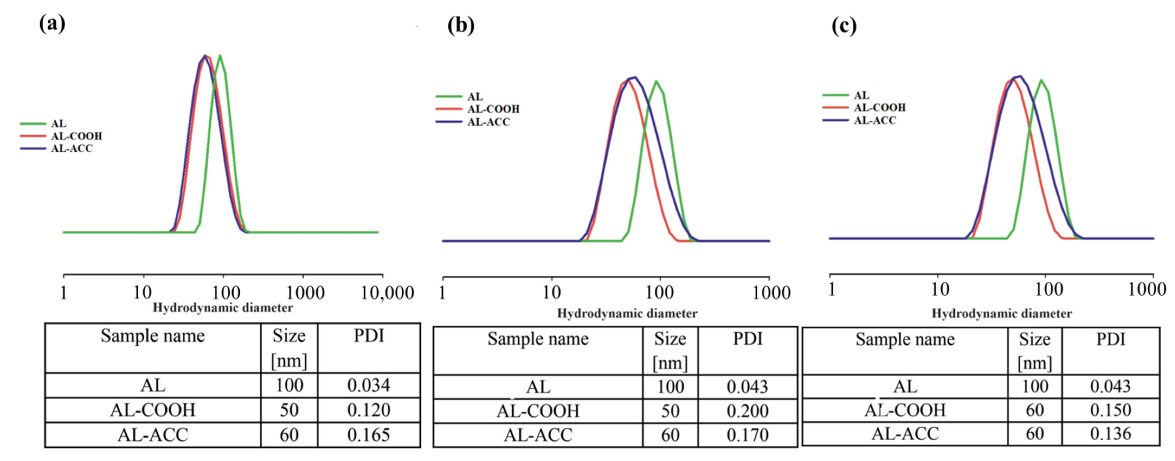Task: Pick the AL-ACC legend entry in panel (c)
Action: point(874,120)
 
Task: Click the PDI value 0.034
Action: point(369,386)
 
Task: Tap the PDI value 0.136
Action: point(1110,434)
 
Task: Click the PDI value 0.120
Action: point(369,410)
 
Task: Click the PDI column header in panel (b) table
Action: point(747,339)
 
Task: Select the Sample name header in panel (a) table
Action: point(153,336)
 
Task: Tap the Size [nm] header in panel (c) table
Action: point(1035,351)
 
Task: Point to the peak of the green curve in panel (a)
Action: point(220,56)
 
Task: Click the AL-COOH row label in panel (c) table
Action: point(905,410)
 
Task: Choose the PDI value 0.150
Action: point(1110,410)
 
